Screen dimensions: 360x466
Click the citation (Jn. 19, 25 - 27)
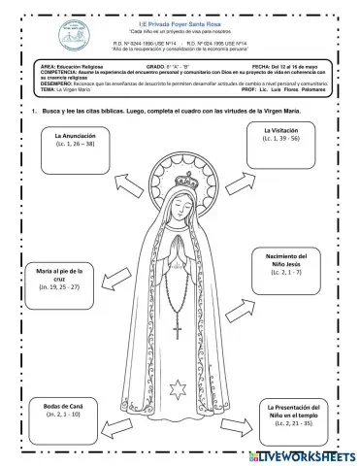point(59,287)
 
